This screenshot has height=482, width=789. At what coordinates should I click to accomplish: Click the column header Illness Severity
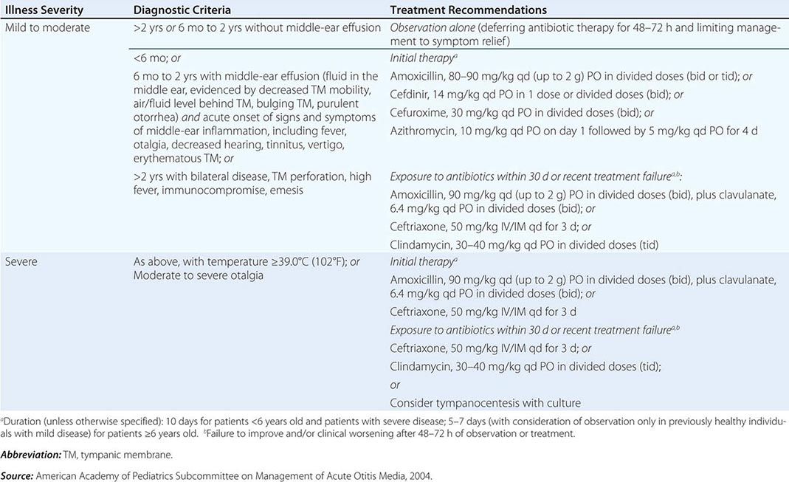[44, 10]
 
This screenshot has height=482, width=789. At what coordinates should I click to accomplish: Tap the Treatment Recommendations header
[468, 10]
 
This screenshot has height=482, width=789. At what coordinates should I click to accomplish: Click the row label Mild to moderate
[47, 29]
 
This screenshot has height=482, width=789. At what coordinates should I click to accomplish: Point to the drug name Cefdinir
[410, 94]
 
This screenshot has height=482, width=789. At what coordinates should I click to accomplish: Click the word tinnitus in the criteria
[294, 148]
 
